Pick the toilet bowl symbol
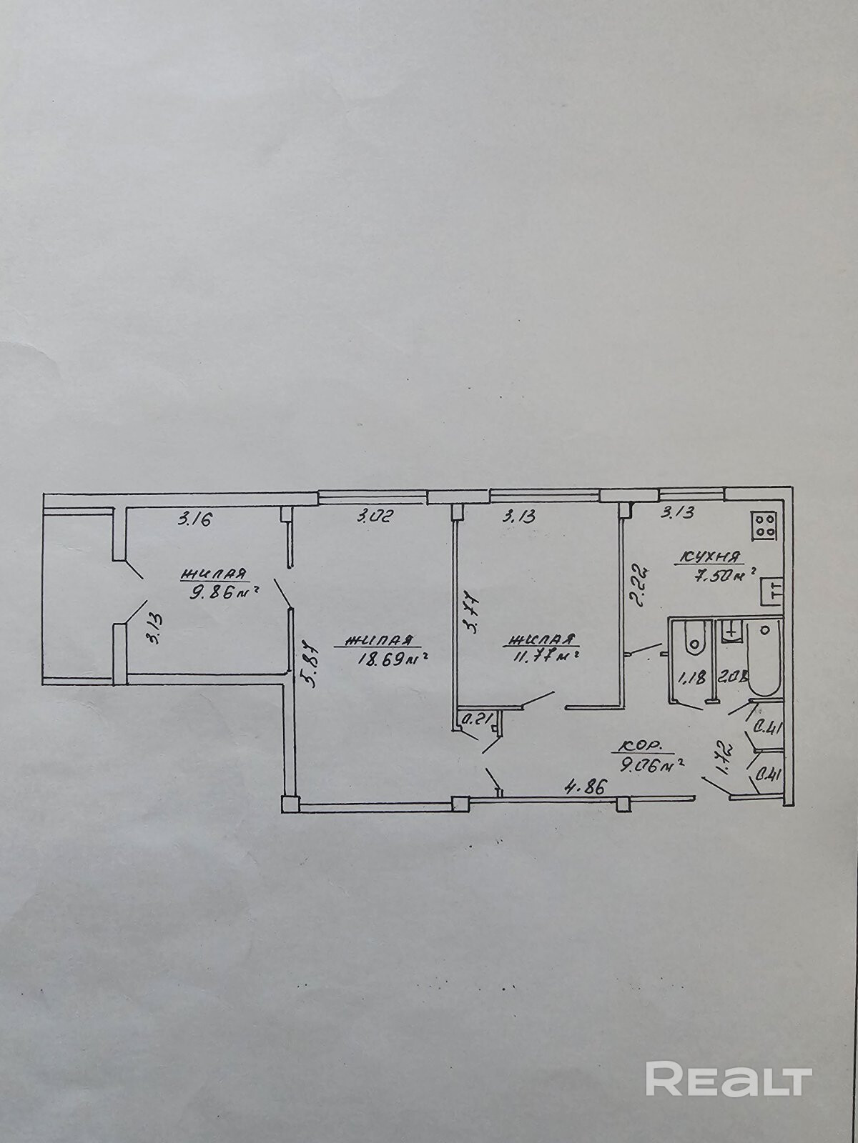pyautogui.click(x=692, y=637)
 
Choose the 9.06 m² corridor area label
pyautogui.click(x=651, y=766)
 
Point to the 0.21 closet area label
pyautogui.click(x=475, y=720)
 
